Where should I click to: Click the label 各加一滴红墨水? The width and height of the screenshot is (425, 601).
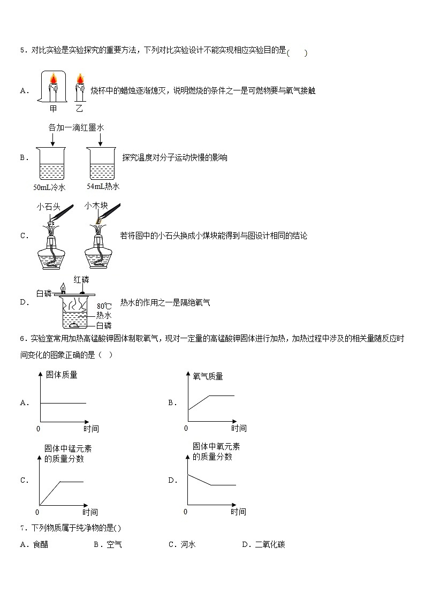click(x=75, y=127)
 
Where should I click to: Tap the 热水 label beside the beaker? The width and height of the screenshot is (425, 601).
click(x=103, y=316)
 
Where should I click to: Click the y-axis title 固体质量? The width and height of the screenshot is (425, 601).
click(x=62, y=375)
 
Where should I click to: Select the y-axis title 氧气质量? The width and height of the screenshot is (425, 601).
click(x=208, y=376)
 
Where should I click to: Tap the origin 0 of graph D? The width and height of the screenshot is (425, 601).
click(x=185, y=512)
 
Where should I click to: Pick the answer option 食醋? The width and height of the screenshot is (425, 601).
click(x=40, y=545)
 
